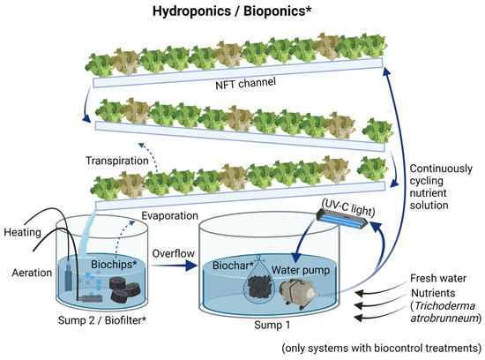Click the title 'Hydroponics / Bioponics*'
point(243,11)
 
